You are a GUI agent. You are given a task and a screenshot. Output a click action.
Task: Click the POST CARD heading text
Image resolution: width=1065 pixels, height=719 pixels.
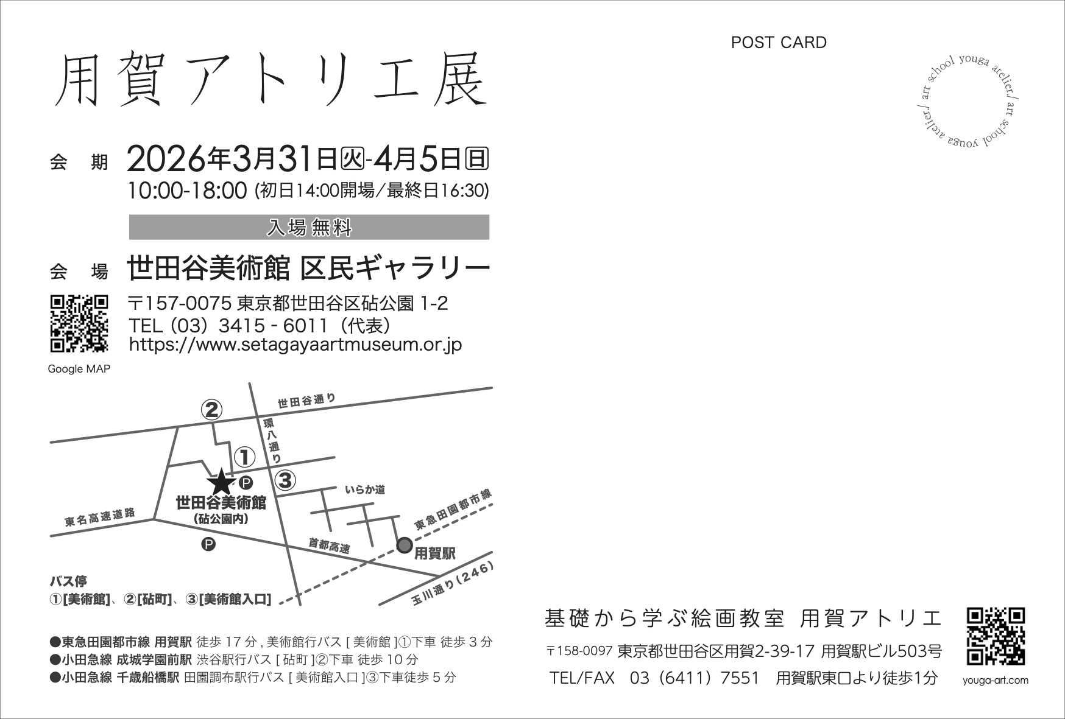point(779,43)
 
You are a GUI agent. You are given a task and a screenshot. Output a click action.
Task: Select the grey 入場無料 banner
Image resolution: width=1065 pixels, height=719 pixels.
point(309,227)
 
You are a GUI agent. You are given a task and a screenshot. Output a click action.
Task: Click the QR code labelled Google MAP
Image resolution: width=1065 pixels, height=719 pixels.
point(79,323)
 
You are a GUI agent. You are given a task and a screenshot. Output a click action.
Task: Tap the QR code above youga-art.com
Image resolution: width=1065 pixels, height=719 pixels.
point(996,636)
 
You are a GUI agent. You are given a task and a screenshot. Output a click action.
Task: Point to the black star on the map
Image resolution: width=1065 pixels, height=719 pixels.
point(221,484)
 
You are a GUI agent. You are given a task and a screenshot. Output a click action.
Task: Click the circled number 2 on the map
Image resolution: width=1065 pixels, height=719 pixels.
point(211,410)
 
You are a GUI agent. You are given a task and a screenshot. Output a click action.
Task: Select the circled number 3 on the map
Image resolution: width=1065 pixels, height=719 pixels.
point(285,480)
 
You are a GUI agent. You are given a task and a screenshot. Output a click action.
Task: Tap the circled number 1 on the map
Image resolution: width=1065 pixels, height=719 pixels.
point(244,457)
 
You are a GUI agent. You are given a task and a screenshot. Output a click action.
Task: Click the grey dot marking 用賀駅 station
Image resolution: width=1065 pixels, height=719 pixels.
point(405,545)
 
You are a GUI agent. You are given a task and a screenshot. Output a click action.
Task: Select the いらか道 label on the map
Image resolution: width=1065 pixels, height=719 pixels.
point(365,489)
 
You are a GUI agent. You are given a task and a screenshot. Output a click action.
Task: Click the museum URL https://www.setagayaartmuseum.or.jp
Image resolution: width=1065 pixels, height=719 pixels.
point(295,345)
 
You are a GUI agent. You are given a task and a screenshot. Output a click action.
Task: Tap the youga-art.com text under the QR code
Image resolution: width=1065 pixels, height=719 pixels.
point(996,681)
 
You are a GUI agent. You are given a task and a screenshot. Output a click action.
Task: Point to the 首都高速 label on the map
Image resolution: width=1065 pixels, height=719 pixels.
point(330,545)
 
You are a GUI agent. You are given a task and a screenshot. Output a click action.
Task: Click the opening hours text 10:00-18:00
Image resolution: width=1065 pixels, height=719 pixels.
point(187,191)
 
